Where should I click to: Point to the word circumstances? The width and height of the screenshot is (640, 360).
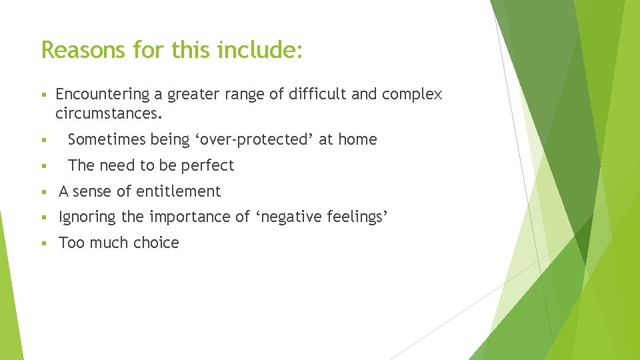109,113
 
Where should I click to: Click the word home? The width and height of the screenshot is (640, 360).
357,139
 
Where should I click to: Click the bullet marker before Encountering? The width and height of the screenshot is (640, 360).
43,95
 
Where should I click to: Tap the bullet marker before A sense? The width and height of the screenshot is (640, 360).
43,192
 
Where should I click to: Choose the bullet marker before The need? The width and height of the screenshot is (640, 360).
43,166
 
